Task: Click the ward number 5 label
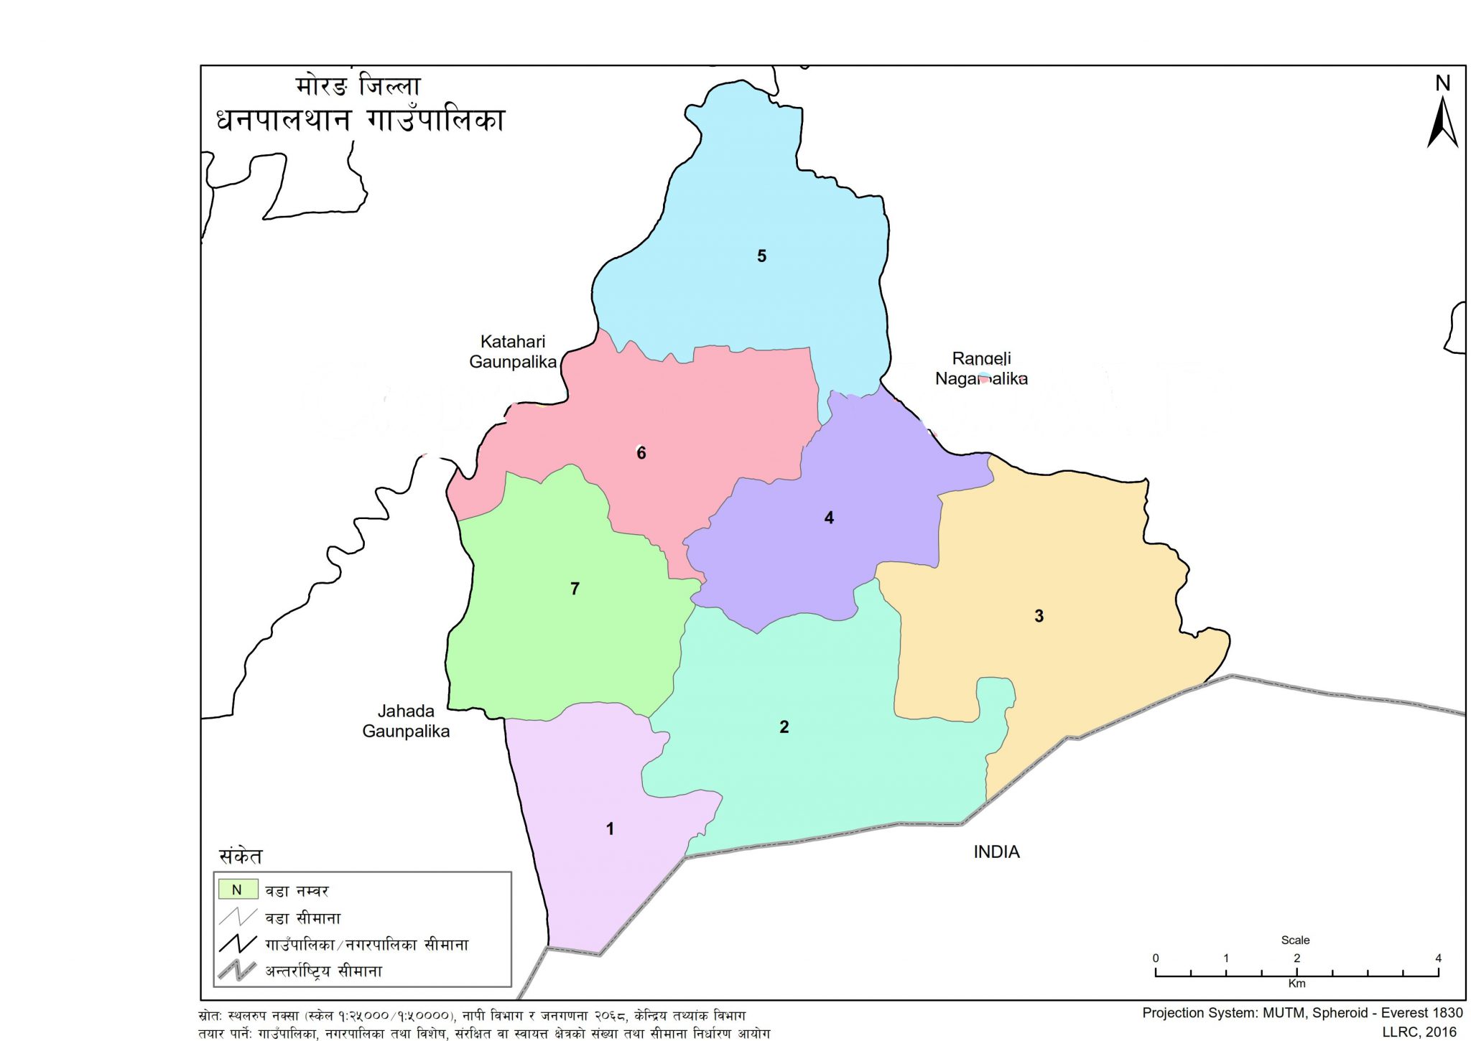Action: pyautogui.click(x=761, y=256)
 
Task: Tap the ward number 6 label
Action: pyautogui.click(x=641, y=453)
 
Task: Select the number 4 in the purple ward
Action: pyautogui.click(x=829, y=518)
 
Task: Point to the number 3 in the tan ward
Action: pyautogui.click(x=1039, y=616)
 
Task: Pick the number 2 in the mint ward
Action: pyautogui.click(x=784, y=727)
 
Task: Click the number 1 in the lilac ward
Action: pyautogui.click(x=610, y=829)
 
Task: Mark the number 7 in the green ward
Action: pyautogui.click(x=575, y=589)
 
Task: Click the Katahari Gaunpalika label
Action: pyautogui.click(x=513, y=352)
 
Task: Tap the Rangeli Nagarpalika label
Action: pyautogui.click(x=981, y=368)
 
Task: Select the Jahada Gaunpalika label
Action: pyautogui.click(x=406, y=722)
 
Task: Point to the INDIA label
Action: pyautogui.click(x=996, y=852)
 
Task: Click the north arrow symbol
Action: pyautogui.click(x=1442, y=123)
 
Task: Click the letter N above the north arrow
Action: pyautogui.click(x=1443, y=83)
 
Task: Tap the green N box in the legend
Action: pyautogui.click(x=238, y=890)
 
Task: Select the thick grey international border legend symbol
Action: pyautogui.click(x=237, y=971)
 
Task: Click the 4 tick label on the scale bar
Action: pyautogui.click(x=1438, y=958)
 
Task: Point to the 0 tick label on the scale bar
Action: pyautogui.click(x=1156, y=958)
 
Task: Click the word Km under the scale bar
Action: pyautogui.click(x=1296, y=984)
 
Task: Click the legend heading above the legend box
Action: pyautogui.click(x=241, y=856)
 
